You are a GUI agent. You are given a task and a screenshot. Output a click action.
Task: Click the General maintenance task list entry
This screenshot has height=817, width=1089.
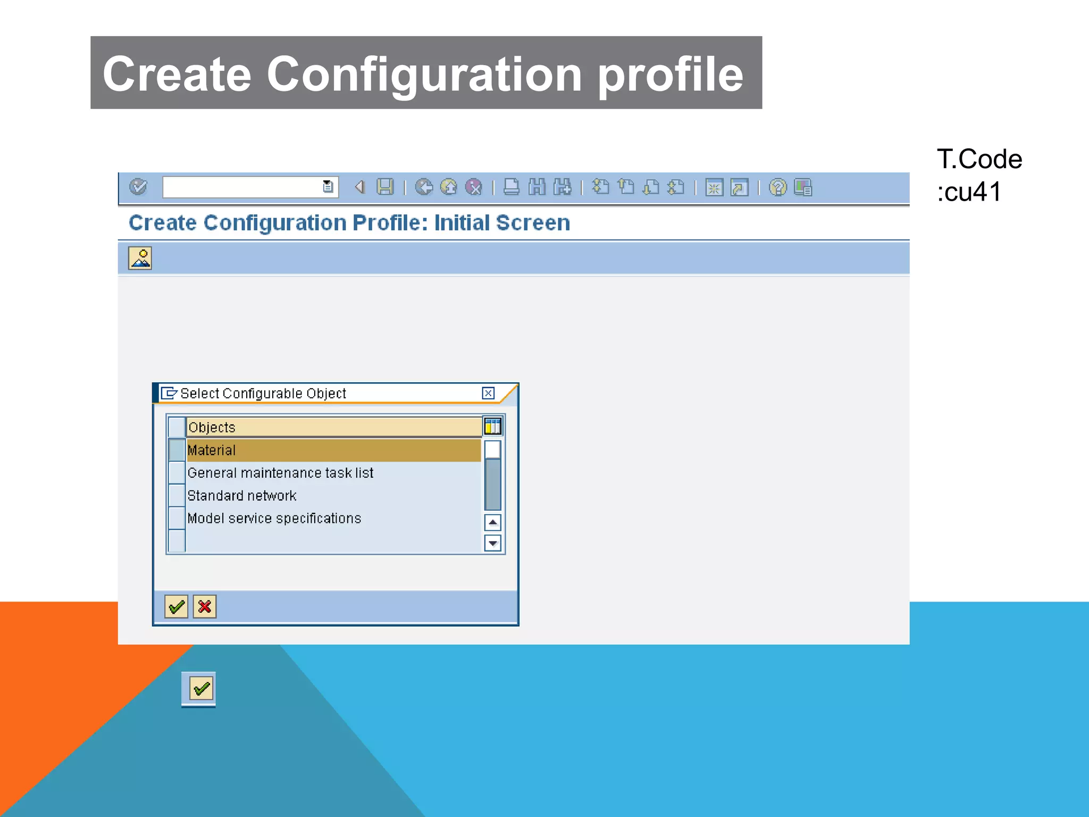280,473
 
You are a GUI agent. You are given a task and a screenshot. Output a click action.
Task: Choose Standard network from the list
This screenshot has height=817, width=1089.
242,496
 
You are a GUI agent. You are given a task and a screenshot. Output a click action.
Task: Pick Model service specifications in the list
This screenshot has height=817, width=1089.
274,519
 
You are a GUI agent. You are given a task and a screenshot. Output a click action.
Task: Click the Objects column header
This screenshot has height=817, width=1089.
333,427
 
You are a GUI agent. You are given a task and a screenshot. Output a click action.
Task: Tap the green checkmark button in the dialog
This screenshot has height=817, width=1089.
176,606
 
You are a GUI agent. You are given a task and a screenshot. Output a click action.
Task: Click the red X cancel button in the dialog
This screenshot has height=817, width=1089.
205,606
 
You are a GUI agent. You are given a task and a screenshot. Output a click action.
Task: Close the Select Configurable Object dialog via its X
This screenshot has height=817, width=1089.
488,393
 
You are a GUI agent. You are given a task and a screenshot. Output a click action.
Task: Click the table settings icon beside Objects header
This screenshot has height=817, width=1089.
492,426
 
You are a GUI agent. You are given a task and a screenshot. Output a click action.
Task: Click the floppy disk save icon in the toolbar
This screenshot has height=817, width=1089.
385,187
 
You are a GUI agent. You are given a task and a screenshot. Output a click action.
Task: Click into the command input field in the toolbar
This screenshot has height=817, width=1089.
242,187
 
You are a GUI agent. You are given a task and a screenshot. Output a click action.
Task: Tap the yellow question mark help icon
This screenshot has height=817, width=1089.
777,187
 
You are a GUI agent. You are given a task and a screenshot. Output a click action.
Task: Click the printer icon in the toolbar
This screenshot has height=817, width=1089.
511,187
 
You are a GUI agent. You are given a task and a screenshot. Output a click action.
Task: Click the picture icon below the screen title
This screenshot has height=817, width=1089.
140,259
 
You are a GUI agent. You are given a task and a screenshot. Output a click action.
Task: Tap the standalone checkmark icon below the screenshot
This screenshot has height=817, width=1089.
201,689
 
